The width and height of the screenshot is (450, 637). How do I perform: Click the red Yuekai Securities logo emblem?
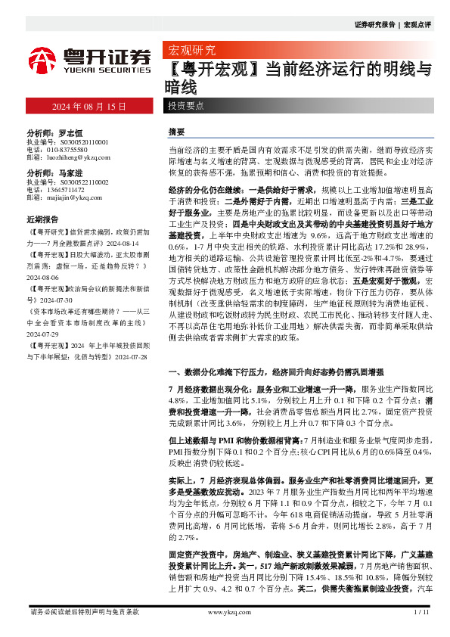point(42,59)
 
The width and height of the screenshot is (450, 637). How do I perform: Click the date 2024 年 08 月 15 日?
point(88,107)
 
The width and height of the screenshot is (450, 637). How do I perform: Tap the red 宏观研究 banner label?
point(191,51)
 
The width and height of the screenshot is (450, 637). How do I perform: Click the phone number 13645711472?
point(67,190)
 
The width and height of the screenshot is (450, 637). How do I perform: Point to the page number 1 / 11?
point(421,611)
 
